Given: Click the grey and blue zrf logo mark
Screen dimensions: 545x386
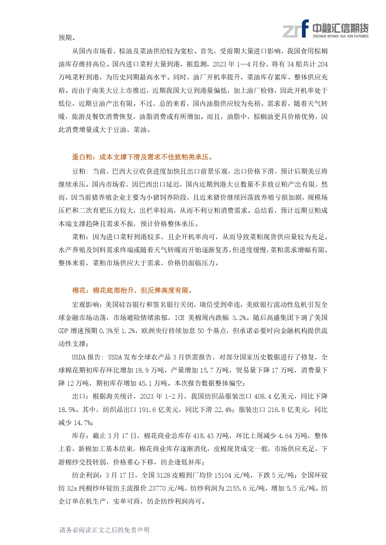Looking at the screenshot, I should pyautogui.click(x=295, y=29).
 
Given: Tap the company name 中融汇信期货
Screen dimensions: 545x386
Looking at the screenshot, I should pyautogui.click(x=340, y=28).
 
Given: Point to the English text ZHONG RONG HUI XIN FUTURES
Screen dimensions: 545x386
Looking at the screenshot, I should pyautogui.click(x=340, y=36).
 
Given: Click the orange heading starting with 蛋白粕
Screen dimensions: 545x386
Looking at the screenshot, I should pyautogui.click(x=143, y=157).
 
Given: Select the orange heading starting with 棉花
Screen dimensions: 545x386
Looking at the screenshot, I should pyautogui.click(x=133, y=291).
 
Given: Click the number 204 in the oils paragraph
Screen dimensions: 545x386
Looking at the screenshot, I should pyautogui.click(x=322, y=64).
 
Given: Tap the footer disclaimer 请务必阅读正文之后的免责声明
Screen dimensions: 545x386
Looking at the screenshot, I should pyautogui.click(x=105, y=530).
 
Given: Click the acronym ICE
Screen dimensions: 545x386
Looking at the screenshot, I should pyautogui.click(x=179, y=318).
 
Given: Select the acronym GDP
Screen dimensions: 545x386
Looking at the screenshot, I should pyautogui.click(x=63, y=331).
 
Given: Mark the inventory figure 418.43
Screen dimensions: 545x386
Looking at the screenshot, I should pyautogui.click(x=203, y=436).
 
